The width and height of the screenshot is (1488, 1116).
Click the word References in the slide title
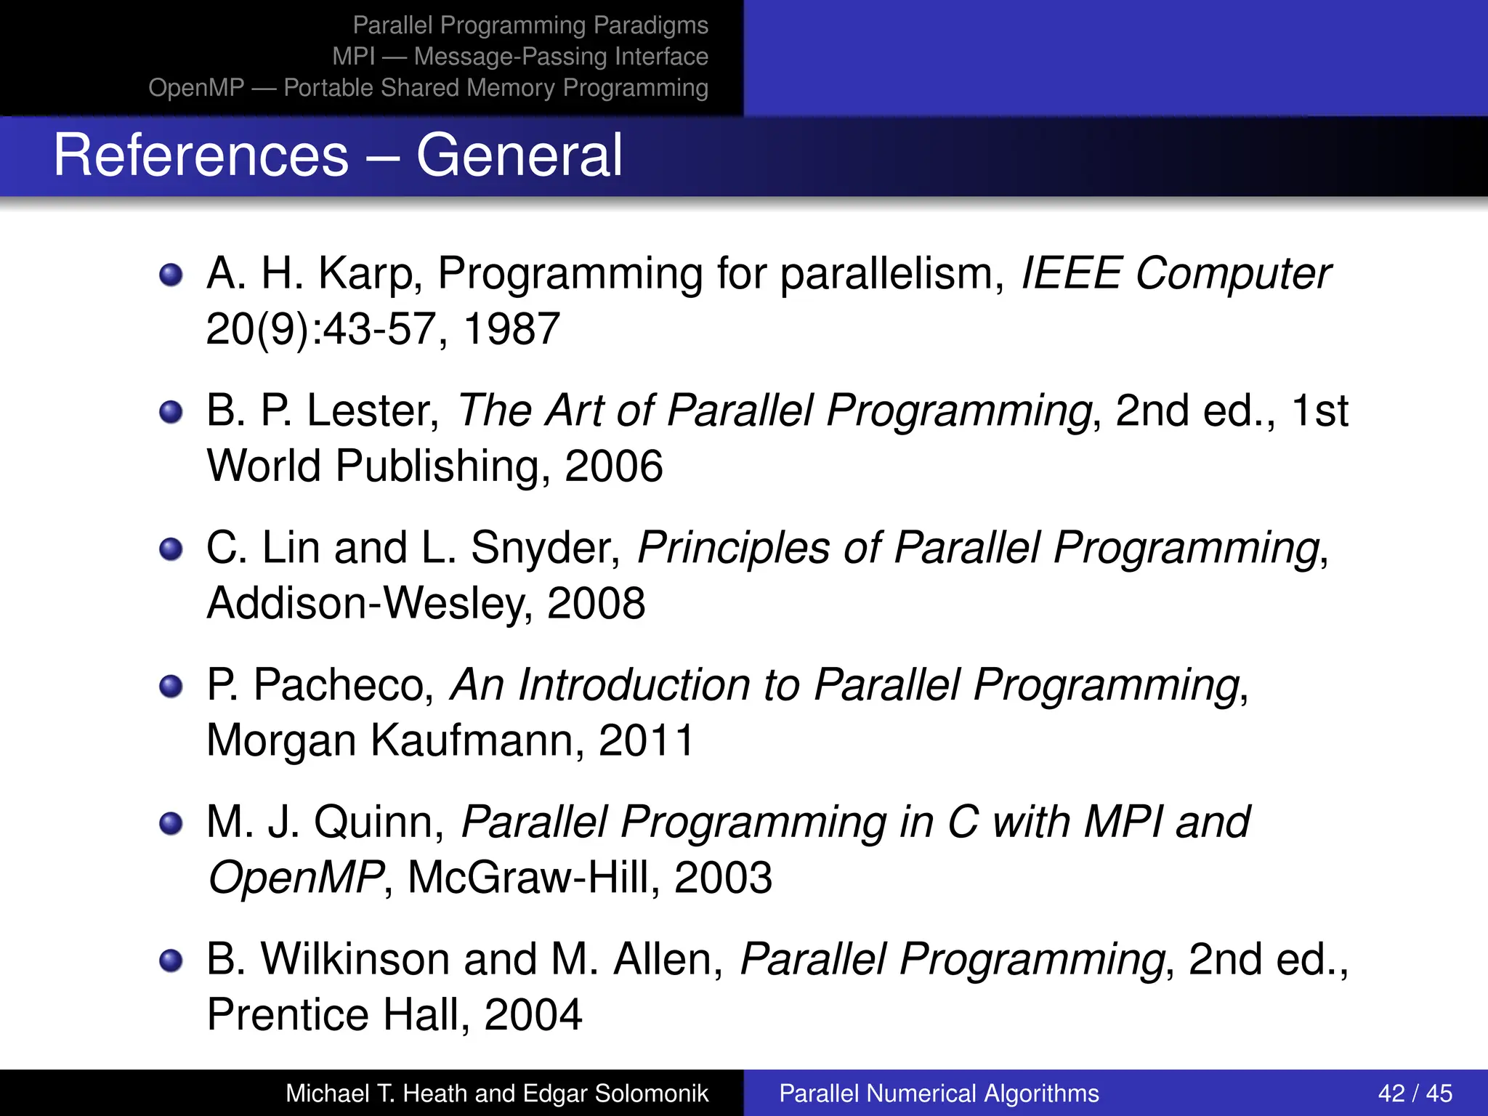click(201, 155)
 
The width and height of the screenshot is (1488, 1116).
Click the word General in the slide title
click(519, 155)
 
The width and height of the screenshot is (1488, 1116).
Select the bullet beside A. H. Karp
click(171, 275)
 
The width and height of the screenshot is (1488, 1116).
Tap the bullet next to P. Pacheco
click(171, 687)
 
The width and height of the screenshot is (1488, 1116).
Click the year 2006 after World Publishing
click(613, 466)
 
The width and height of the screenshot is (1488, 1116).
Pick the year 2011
click(647, 741)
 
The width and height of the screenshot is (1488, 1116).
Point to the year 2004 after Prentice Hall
click(533, 1015)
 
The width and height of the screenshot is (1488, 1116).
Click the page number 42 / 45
click(1415, 1093)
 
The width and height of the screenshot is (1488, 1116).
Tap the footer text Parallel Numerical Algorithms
click(939, 1093)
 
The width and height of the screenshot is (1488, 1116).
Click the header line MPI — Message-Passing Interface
click(520, 57)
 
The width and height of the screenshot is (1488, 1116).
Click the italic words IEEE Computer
click(1175, 274)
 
